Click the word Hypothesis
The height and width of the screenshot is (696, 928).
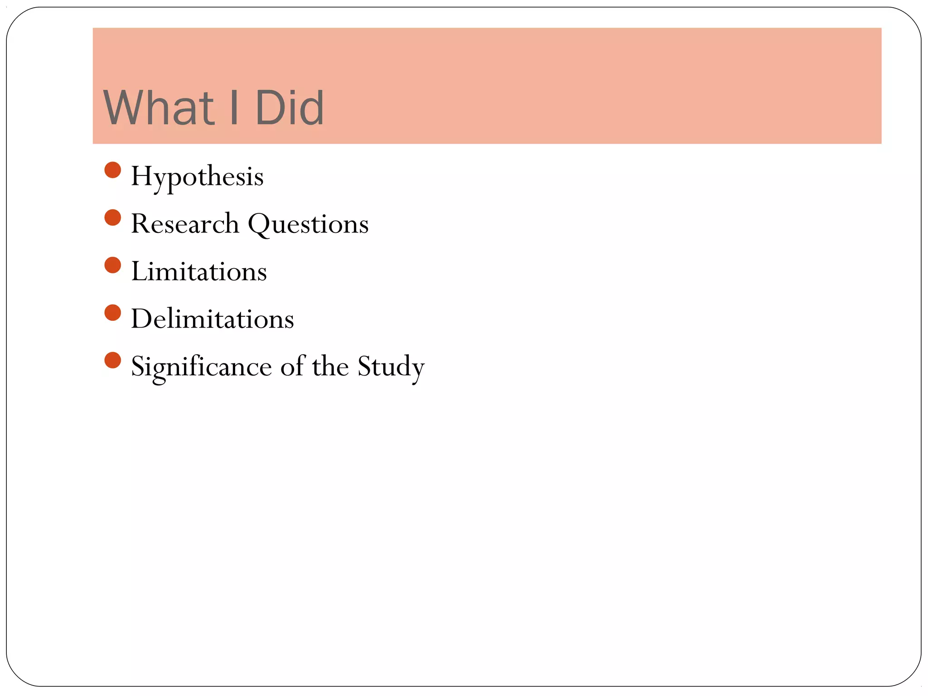(x=197, y=177)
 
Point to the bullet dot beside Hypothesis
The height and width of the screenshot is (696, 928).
(x=112, y=170)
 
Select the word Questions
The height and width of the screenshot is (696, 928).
(x=308, y=224)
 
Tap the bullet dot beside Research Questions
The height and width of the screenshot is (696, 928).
(x=112, y=217)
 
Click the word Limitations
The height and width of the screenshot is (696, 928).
(x=199, y=271)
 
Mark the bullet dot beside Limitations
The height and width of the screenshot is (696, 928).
(x=112, y=265)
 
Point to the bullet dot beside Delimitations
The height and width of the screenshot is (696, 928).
(x=112, y=313)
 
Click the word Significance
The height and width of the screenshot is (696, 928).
(x=201, y=367)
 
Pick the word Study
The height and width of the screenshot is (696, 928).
(x=391, y=367)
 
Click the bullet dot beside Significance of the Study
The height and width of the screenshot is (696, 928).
(x=112, y=360)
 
